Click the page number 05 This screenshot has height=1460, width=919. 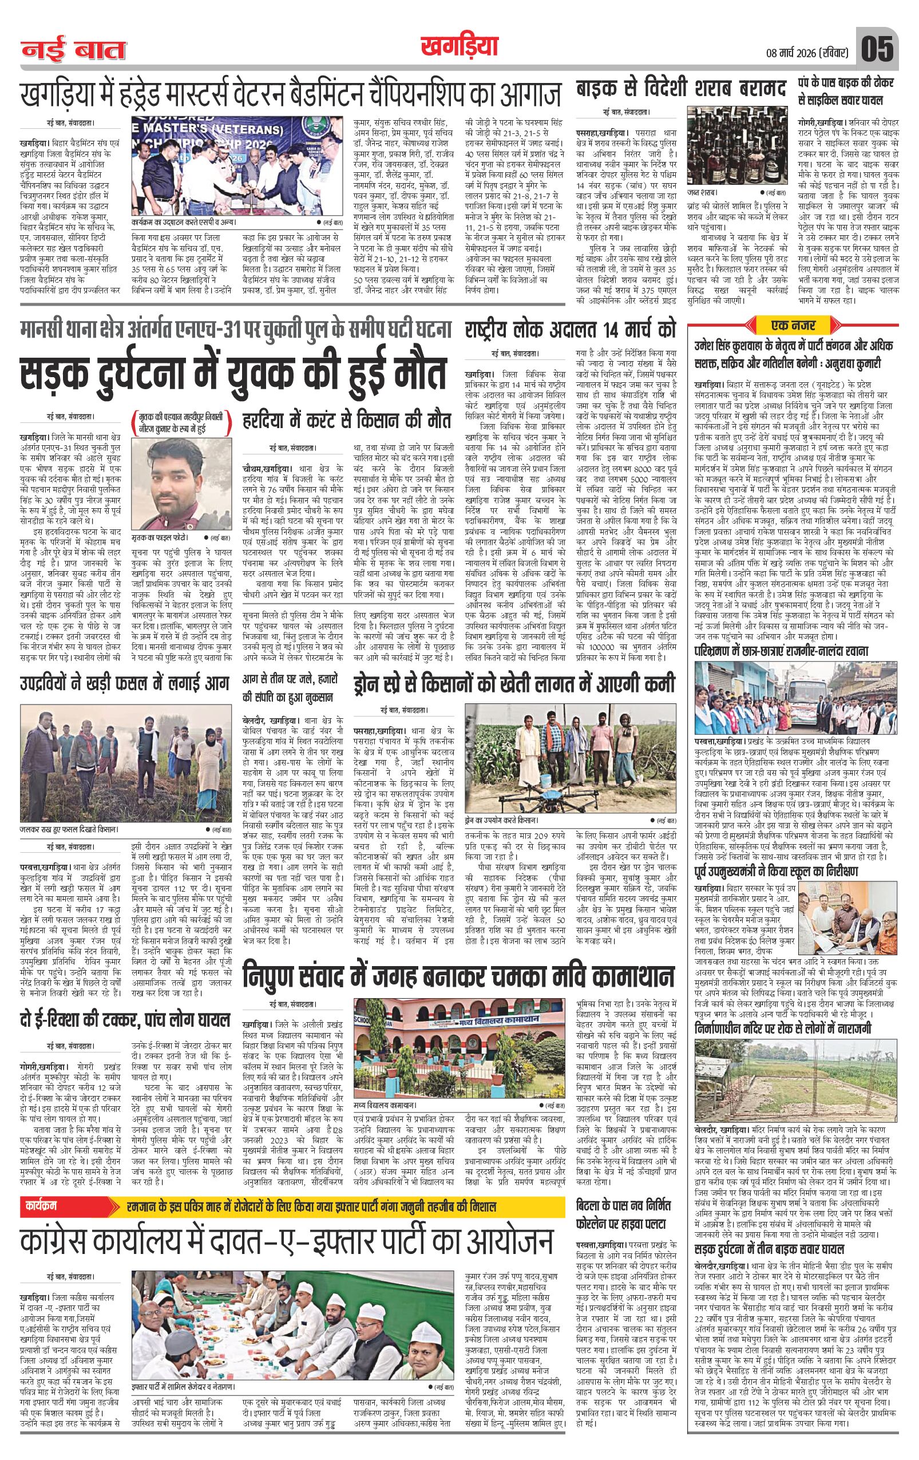[878, 49]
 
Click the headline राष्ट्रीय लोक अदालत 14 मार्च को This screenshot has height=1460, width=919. [570, 331]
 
